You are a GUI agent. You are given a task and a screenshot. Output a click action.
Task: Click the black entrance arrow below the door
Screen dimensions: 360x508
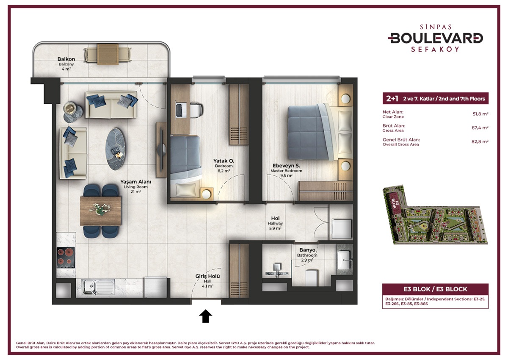206,316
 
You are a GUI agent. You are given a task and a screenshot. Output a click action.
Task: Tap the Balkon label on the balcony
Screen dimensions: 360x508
66,59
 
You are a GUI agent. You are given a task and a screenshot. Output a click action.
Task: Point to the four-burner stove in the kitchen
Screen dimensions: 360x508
66,258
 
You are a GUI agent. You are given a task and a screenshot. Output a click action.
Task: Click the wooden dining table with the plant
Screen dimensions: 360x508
101,210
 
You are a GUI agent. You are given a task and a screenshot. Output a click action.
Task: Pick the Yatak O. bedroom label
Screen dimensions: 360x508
224,161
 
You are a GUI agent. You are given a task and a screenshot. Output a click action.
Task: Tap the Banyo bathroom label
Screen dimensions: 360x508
307,250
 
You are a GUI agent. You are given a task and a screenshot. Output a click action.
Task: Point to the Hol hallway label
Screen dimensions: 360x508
275,219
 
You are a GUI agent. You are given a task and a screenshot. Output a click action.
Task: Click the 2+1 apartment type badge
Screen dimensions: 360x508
392,99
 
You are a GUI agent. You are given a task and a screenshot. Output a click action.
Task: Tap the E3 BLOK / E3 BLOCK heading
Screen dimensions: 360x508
425,289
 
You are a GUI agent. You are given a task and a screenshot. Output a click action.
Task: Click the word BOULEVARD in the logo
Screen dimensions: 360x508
436,38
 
